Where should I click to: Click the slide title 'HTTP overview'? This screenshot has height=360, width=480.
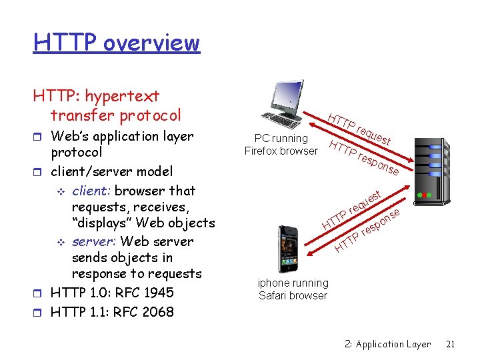(117, 43)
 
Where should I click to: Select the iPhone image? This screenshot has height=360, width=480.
(289, 248)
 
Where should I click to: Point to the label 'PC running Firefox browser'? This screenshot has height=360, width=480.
(281, 145)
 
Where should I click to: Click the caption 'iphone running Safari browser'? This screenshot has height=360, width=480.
(293, 289)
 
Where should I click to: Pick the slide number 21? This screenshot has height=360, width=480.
(449, 345)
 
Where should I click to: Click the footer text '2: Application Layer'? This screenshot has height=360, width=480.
(388, 345)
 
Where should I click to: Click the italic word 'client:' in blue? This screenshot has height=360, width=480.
(91, 191)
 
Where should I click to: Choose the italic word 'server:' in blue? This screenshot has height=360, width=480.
(94, 241)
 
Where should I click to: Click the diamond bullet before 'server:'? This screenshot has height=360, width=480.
(61, 242)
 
